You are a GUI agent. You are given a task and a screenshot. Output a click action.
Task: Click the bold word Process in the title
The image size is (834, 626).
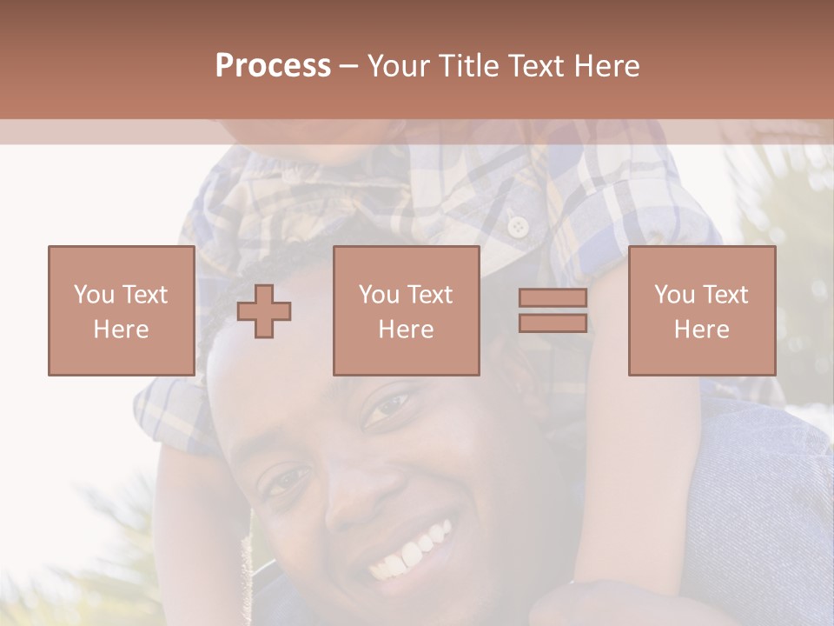[273, 66]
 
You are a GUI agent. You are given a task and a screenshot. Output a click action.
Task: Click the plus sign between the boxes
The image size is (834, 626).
[264, 311]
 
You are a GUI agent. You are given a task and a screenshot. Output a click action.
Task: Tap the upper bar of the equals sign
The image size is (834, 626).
[553, 298]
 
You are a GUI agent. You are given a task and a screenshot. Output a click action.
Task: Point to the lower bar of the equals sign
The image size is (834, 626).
[553, 323]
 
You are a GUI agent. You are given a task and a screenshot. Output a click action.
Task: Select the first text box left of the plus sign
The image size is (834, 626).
[121, 310]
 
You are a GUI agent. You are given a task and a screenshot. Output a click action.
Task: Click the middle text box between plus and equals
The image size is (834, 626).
[406, 310]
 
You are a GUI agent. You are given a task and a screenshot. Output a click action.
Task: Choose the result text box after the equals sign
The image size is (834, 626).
[701, 310]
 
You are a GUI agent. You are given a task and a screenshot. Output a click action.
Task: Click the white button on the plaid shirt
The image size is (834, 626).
[519, 227]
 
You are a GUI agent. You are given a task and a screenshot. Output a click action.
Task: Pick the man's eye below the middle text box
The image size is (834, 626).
[387, 407]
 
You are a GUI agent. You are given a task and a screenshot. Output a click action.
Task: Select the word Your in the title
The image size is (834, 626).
[398, 66]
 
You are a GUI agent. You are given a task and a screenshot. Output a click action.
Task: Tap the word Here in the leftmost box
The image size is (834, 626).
[121, 330]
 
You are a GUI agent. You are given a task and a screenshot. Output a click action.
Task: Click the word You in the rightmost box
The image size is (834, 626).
[674, 295]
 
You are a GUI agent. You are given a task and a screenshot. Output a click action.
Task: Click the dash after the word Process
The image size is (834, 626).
[348, 66]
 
